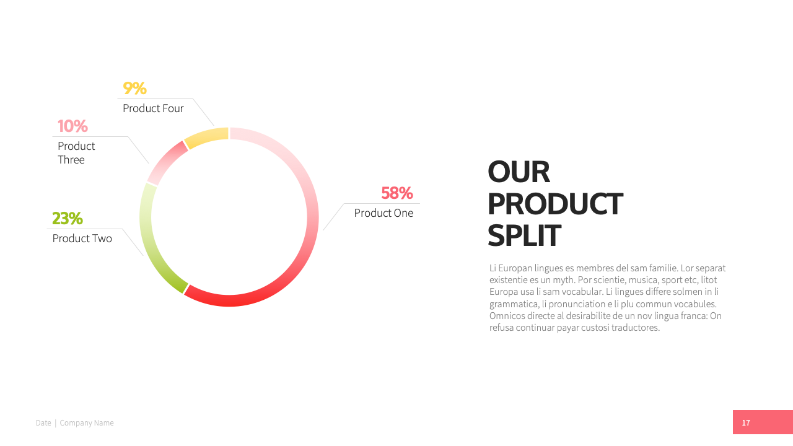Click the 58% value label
[x=397, y=193]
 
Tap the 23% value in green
[x=68, y=219]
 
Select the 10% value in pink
[x=72, y=126]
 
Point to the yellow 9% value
[x=134, y=88]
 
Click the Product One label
[x=383, y=213]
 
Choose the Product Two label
[x=82, y=238]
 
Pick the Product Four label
[x=153, y=108]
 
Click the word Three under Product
[x=71, y=160]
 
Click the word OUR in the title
[x=519, y=172]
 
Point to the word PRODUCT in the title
[x=555, y=204]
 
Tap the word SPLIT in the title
[x=524, y=236]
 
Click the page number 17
[x=746, y=422]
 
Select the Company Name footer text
[x=87, y=423]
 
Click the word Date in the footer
[x=43, y=423]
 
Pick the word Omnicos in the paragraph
[x=507, y=316]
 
